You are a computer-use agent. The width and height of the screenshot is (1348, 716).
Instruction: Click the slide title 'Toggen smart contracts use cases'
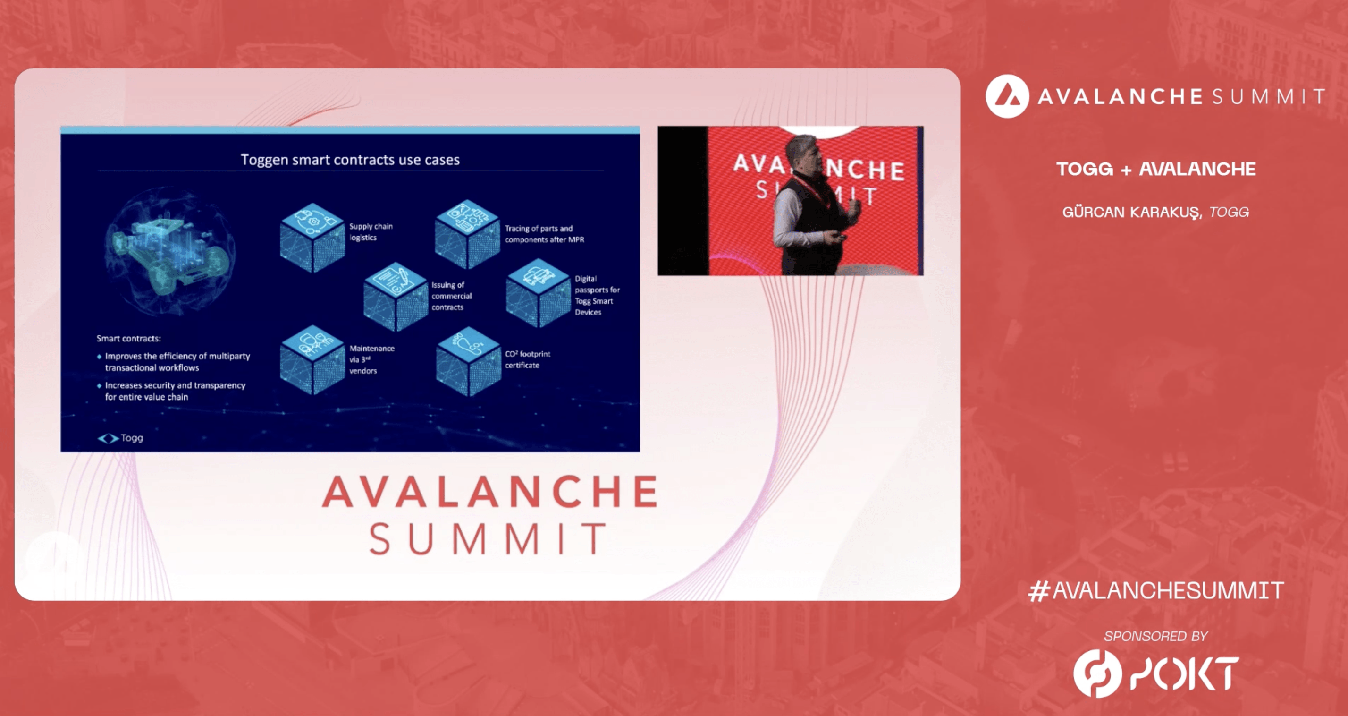[x=350, y=160]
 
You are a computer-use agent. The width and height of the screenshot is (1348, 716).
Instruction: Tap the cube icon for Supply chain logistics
[x=312, y=238]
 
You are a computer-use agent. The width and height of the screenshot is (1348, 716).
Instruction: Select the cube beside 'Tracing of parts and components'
[x=467, y=235]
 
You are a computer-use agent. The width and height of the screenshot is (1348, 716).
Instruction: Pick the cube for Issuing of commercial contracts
[x=396, y=297]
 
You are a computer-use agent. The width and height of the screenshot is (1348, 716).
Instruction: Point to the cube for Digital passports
[x=539, y=293]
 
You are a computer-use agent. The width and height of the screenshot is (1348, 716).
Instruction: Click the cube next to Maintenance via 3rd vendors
[x=312, y=359]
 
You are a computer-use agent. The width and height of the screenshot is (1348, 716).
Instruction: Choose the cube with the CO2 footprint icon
[x=468, y=361]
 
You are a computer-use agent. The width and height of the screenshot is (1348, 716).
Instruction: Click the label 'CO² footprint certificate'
[x=528, y=359]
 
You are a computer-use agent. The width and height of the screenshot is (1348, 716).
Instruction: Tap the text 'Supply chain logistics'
[x=371, y=231]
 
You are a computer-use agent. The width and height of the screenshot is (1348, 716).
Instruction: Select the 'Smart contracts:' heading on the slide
[x=128, y=338]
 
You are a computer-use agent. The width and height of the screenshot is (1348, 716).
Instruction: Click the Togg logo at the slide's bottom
[x=120, y=438]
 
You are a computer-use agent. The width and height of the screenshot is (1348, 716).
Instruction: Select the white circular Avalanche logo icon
[x=1007, y=96]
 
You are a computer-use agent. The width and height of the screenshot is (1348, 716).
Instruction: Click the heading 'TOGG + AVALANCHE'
[x=1156, y=169]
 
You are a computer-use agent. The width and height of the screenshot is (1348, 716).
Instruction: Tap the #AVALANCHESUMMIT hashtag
[x=1155, y=591]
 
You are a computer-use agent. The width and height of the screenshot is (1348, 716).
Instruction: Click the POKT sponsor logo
[x=1156, y=673]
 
